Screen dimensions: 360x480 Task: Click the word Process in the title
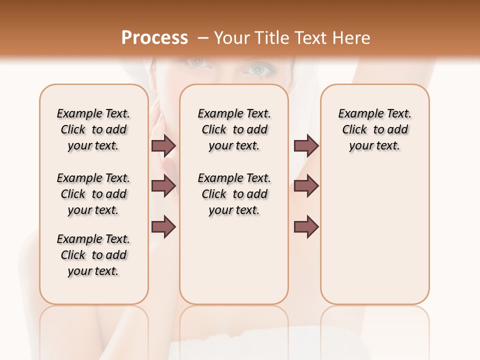coord(154,37)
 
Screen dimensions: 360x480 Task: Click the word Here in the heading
coord(352,37)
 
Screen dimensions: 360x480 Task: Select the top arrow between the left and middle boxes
coord(163,145)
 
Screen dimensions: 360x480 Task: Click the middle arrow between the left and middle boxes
coord(163,186)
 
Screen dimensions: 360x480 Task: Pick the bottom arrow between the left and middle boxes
coord(163,227)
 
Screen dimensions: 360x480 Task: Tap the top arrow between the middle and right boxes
coord(306,145)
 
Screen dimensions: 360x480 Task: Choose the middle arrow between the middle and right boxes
coord(306,186)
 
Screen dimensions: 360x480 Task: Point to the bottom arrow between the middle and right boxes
coord(306,227)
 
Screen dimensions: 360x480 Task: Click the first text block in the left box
coord(93,129)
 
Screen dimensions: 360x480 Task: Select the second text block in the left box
coord(93,194)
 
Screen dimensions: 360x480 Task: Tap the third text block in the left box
coord(93,255)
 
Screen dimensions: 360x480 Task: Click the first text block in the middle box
coord(234,129)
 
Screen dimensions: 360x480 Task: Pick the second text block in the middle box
coord(234,194)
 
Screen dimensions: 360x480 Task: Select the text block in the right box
coord(375,129)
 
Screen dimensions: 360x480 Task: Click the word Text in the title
coord(312,37)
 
